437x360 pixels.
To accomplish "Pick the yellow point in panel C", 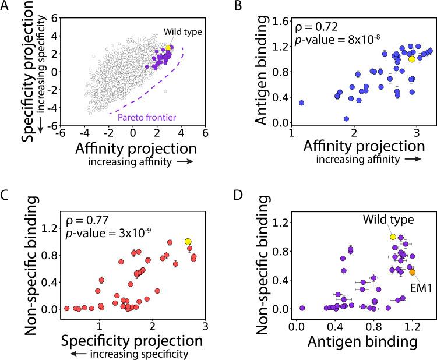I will (188, 241).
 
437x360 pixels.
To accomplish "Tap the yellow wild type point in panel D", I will (393, 237).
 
